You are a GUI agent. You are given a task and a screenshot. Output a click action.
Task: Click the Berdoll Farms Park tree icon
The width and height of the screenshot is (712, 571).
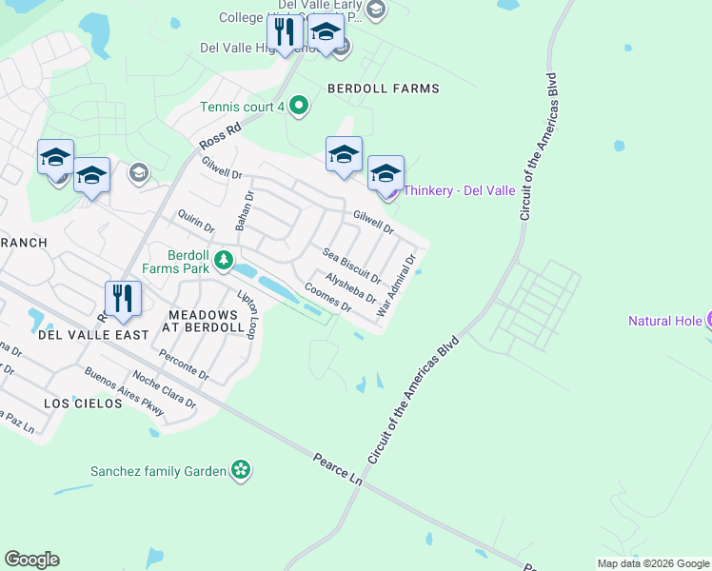(x=223, y=260)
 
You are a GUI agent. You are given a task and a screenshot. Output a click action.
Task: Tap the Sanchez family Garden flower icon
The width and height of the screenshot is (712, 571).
(x=242, y=469)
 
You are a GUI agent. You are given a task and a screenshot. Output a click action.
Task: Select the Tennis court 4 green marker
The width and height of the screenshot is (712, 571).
(x=299, y=106)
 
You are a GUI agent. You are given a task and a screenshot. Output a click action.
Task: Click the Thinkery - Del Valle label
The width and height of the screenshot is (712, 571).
(x=459, y=190)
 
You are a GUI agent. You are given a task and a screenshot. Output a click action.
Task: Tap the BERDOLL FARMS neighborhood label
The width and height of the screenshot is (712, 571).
(x=384, y=89)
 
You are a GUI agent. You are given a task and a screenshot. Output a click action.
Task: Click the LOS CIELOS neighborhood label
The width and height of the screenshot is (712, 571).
(x=84, y=404)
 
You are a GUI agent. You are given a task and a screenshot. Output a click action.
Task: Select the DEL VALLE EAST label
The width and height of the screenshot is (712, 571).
(x=93, y=335)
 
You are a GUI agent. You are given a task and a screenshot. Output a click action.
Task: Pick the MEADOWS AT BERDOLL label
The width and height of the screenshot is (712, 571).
(x=206, y=321)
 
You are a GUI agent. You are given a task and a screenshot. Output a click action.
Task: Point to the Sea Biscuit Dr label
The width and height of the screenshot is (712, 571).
(x=351, y=266)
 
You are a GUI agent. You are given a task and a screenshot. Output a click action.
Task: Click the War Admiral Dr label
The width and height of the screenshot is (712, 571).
(x=397, y=285)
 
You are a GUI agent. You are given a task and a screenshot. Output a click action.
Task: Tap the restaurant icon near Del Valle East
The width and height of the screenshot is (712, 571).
(x=123, y=298)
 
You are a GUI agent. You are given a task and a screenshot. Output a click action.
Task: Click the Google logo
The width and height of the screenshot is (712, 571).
(x=31, y=560)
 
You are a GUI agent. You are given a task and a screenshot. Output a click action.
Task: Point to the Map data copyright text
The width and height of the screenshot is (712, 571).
(x=653, y=563)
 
